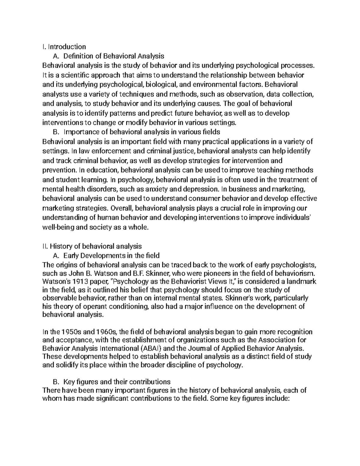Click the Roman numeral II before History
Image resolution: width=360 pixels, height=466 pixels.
coord(45,246)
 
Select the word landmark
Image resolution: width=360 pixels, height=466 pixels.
coord(301,282)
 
